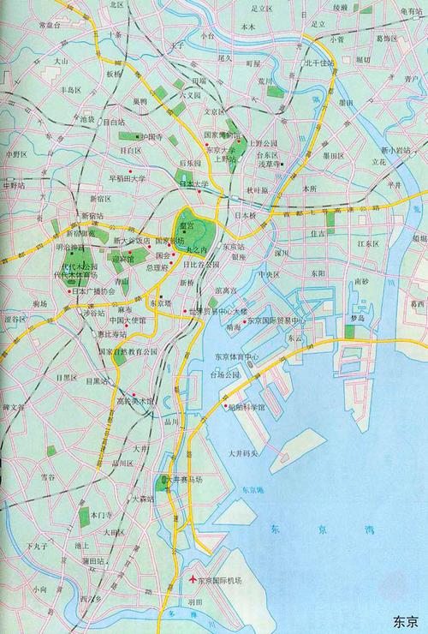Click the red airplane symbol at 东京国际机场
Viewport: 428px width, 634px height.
193,580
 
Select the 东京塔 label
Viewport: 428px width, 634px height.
160,302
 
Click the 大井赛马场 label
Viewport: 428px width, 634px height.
187,482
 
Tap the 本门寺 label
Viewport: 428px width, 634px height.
102,517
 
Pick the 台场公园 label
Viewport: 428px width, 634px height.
229,375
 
